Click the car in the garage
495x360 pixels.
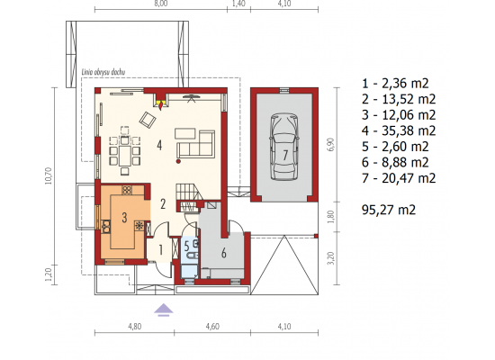coord(284,148)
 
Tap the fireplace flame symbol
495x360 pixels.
coord(162,104)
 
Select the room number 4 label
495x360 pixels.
coord(159,146)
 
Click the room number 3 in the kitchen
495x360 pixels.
coord(124,217)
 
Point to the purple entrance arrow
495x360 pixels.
coord(164,310)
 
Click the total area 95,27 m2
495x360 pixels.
coord(389,210)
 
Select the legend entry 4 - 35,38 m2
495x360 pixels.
coord(399,130)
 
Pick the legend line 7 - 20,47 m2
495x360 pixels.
coord(399,178)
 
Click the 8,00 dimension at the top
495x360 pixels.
coord(161,4)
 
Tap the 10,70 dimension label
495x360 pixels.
coord(48,175)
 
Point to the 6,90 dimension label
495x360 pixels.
coord(331,145)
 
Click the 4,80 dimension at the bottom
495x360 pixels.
coord(135,326)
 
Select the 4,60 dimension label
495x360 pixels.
coord(212,326)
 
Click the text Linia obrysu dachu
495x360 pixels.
coord(103,72)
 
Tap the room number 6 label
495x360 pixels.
coord(224,253)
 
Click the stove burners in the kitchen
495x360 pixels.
coord(127,190)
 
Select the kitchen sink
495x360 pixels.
coord(106,225)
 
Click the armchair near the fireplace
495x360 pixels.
coord(148,120)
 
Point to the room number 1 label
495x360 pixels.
coord(161,250)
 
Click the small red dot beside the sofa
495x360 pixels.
coord(178,161)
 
